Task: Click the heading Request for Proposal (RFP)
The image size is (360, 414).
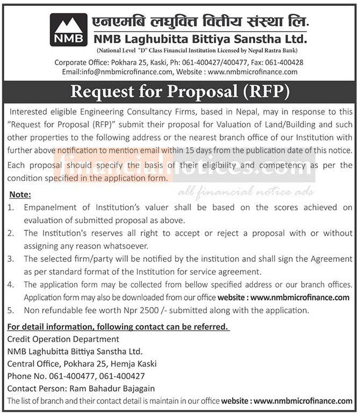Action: click(180, 92)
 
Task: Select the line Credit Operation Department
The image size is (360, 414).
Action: click(63, 339)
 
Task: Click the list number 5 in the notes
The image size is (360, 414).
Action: click(10, 310)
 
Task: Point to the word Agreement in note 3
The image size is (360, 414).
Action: click(328, 259)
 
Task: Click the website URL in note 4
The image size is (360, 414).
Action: click(300, 297)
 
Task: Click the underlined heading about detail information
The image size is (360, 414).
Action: click(117, 326)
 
